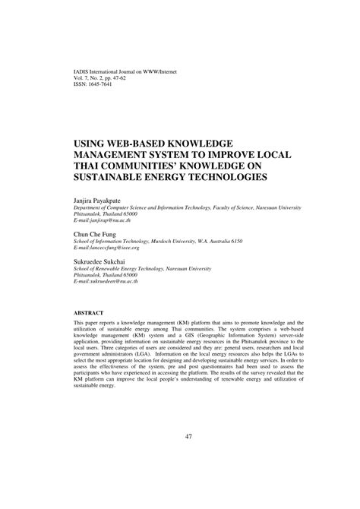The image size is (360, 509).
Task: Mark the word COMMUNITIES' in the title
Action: (x=170, y=166)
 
